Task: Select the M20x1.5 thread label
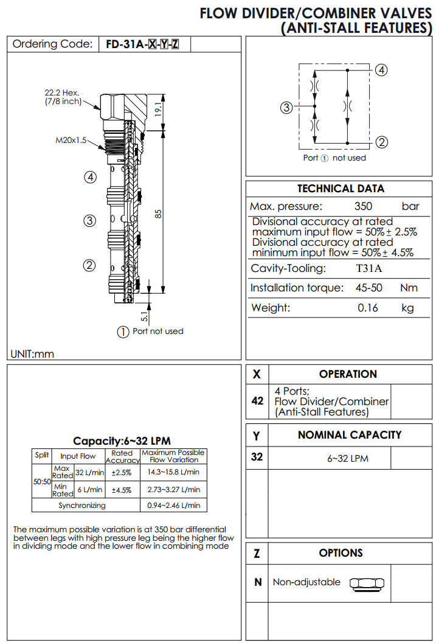click(x=71, y=141)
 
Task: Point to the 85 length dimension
click(x=157, y=215)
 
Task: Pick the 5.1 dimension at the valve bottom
click(x=145, y=315)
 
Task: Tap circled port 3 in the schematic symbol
click(x=286, y=108)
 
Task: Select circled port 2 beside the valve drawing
click(x=89, y=265)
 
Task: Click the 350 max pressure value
click(x=363, y=206)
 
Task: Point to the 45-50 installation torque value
click(x=369, y=288)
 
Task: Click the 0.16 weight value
click(x=367, y=308)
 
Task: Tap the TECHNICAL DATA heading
click(x=341, y=189)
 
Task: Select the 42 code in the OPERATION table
click(x=257, y=401)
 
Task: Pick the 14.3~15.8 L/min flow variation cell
click(x=173, y=472)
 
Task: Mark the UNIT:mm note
click(x=32, y=353)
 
